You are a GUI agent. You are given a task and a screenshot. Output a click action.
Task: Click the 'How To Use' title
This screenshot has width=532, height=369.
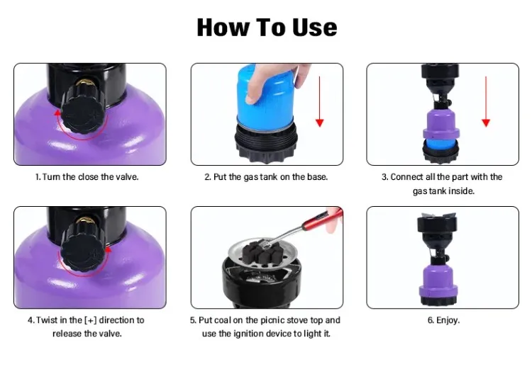coord(267,27)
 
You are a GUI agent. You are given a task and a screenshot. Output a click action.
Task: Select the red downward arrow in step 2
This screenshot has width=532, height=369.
coord(320,102)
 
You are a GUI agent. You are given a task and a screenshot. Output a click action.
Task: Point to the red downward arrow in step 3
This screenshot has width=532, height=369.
coord(486,102)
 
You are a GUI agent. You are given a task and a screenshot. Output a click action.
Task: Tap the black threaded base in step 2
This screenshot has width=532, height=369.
coord(266,144)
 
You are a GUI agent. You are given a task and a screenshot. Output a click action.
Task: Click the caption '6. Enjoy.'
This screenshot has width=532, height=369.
coord(443,320)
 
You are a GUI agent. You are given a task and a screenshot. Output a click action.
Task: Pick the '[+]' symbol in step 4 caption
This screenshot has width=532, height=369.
coord(90,320)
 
